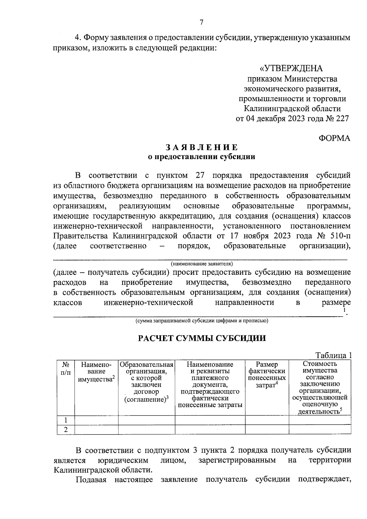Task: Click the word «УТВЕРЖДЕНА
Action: click(x=291, y=68)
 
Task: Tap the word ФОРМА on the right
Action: click(x=335, y=138)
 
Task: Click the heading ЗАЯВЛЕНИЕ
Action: click(x=202, y=147)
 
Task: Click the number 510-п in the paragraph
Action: click(x=338, y=236)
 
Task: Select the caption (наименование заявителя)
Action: click(x=202, y=263)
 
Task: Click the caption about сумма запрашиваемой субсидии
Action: click(x=202, y=320)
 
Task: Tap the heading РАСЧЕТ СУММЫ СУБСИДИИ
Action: click(x=202, y=338)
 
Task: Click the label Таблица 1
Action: click(x=333, y=355)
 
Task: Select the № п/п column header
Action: click(x=65, y=368)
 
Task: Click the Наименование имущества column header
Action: click(x=96, y=372)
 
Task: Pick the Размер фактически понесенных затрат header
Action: click(x=267, y=375)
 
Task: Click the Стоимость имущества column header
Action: click(x=320, y=387)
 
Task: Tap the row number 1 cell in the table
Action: click(x=65, y=420)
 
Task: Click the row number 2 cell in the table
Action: click(x=65, y=430)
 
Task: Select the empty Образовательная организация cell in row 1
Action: click(x=146, y=420)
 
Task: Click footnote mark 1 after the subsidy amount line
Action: click(x=344, y=310)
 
